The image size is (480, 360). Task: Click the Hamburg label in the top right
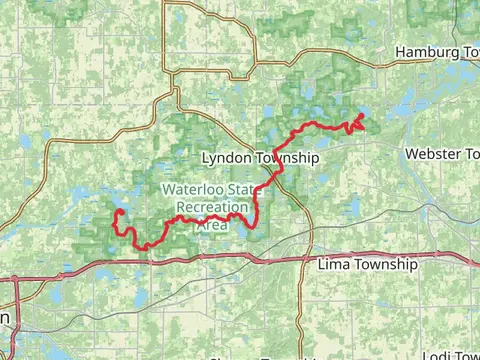tap(419, 51)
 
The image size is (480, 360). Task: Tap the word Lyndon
tap(225, 158)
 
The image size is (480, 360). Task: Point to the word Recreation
tap(211, 208)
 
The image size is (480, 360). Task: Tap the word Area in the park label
tap(211, 225)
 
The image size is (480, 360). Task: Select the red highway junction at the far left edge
tap(17, 279)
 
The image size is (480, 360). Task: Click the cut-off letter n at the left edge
tap(4, 316)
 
